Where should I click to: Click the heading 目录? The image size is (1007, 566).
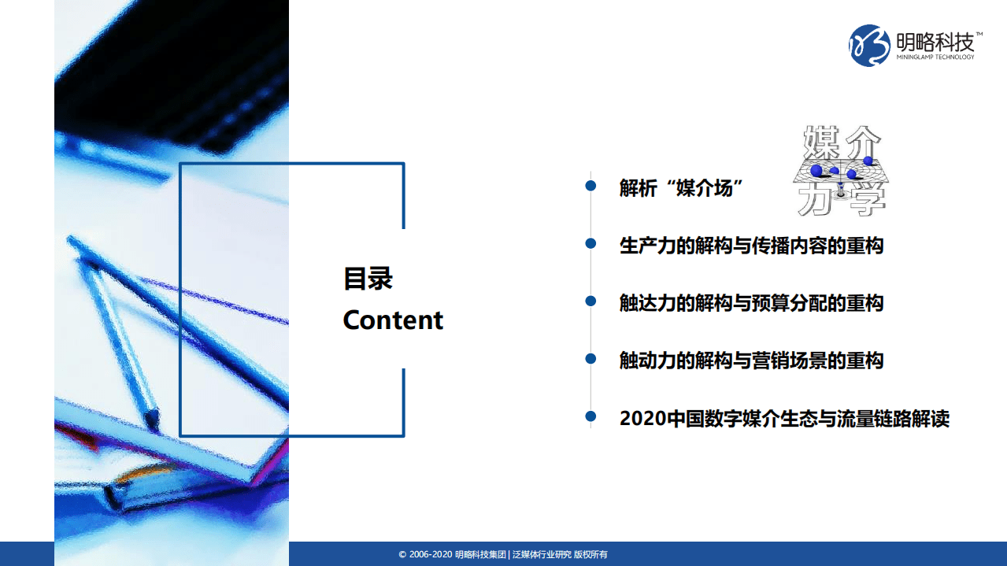point(368,279)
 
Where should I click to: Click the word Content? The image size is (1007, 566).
point(393,320)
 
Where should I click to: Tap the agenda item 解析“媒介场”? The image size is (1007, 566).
point(681,188)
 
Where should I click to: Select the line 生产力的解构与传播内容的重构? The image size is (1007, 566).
point(751,246)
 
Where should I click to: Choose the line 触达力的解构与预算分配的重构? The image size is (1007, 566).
point(751,303)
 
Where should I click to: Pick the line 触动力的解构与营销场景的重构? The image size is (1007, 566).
point(751,361)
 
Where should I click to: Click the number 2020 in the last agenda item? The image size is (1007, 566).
point(642,418)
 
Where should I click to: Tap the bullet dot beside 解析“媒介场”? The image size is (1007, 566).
point(591,186)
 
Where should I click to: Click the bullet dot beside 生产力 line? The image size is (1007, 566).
point(591,243)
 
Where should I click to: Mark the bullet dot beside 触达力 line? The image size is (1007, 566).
point(591,301)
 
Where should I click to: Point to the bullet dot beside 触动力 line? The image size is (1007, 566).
point(591,358)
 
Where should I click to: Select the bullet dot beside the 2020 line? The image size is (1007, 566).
point(591,416)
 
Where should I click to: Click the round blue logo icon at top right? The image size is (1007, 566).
point(869,45)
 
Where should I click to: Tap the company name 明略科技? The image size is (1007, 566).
point(935,40)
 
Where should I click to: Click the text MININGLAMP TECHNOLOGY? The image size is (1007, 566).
point(935,57)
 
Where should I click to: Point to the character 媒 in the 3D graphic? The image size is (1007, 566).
point(820,144)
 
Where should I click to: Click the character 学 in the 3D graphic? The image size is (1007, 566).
point(866,201)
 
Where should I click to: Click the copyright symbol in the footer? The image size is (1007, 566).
point(402,555)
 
